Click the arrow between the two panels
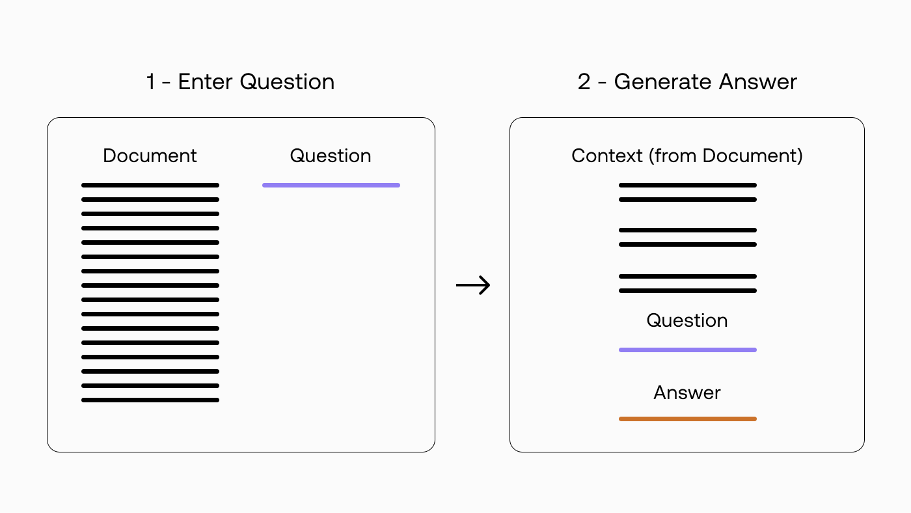(x=473, y=285)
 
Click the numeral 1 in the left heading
(x=150, y=82)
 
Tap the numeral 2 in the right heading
(x=584, y=82)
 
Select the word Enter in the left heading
(x=206, y=82)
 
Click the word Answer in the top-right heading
(x=758, y=82)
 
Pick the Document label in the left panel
(x=150, y=156)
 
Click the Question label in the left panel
(x=331, y=156)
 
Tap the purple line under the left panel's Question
(x=331, y=185)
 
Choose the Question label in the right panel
(x=687, y=320)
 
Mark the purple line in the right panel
(x=688, y=350)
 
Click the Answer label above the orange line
(x=687, y=393)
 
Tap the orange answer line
(x=688, y=419)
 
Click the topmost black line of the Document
(x=150, y=185)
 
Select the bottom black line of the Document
(x=150, y=400)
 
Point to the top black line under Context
(x=688, y=185)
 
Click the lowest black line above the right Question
(x=688, y=290)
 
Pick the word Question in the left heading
(x=287, y=82)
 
